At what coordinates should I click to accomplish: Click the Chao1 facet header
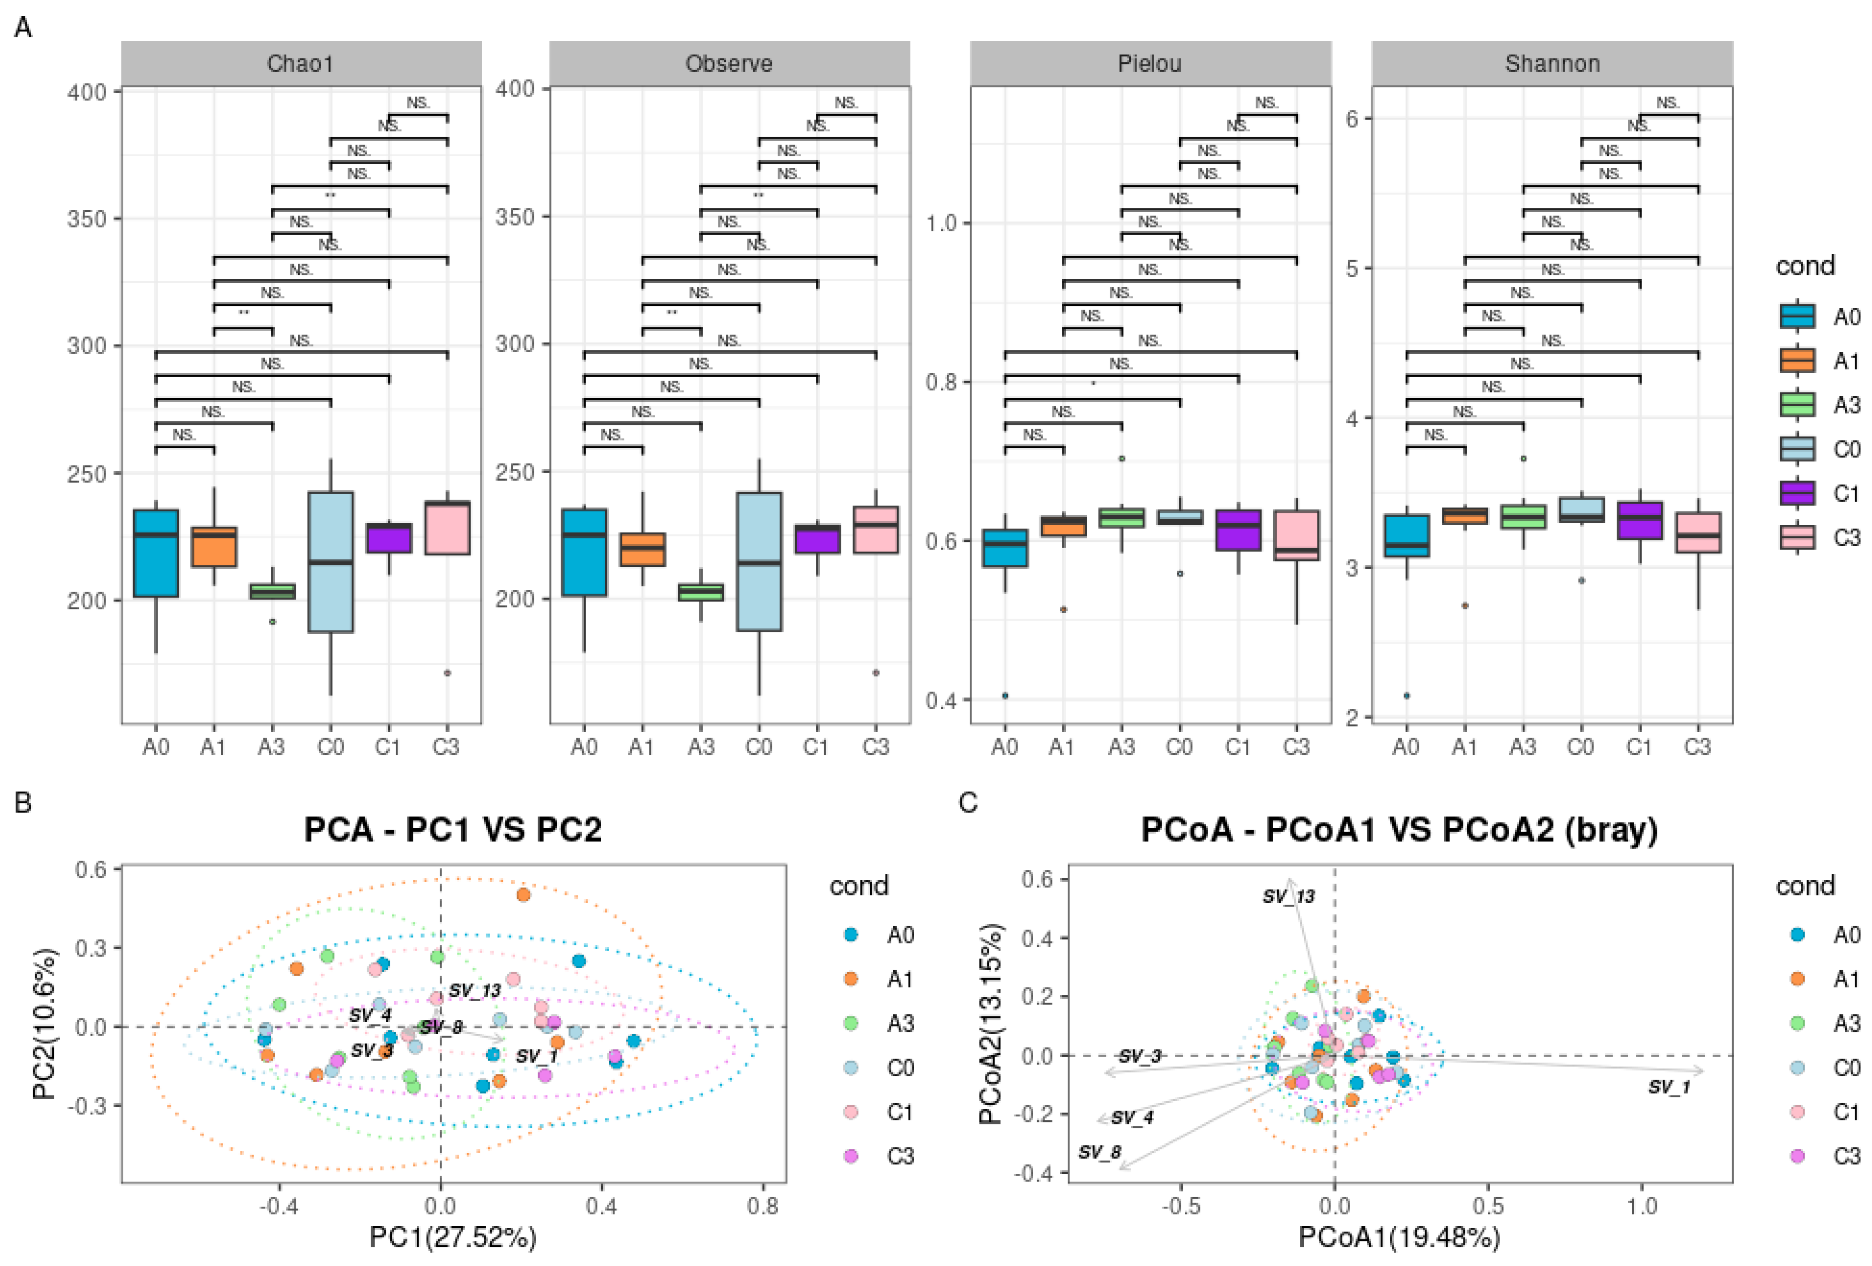pos(301,64)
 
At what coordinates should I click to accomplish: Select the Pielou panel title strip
pos(1149,64)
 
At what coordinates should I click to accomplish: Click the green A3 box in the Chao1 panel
pos(272,591)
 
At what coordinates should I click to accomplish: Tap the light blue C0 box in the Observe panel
pos(759,562)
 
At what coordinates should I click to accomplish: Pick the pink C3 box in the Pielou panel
pos(1296,535)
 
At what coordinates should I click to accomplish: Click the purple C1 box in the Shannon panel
pos(1639,520)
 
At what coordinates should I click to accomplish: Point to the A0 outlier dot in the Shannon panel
pos(1407,695)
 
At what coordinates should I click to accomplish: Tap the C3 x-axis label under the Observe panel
pos(876,747)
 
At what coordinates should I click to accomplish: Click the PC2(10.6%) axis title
pos(44,1024)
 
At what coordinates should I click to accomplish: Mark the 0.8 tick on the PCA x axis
pos(762,1206)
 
